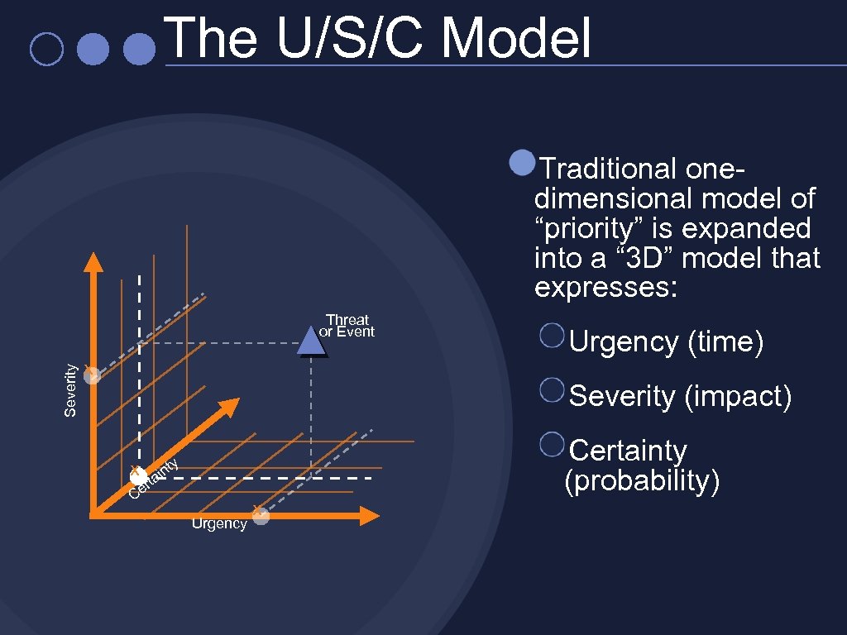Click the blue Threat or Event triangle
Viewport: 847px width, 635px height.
click(x=310, y=341)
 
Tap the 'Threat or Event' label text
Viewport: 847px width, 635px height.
click(x=347, y=326)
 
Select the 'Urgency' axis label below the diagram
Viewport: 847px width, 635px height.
click(x=219, y=523)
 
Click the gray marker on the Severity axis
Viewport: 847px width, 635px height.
click(x=92, y=375)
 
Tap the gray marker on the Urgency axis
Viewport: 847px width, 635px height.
click(x=261, y=516)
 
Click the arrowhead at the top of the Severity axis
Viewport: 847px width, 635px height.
click(x=93, y=261)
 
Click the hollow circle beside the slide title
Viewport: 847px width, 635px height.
click(x=45, y=49)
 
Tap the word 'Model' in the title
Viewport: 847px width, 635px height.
click(x=516, y=39)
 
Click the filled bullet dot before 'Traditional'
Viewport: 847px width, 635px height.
click(x=522, y=163)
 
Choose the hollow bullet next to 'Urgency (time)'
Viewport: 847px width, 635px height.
click(x=552, y=335)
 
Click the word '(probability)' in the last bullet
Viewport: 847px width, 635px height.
click(x=641, y=481)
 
